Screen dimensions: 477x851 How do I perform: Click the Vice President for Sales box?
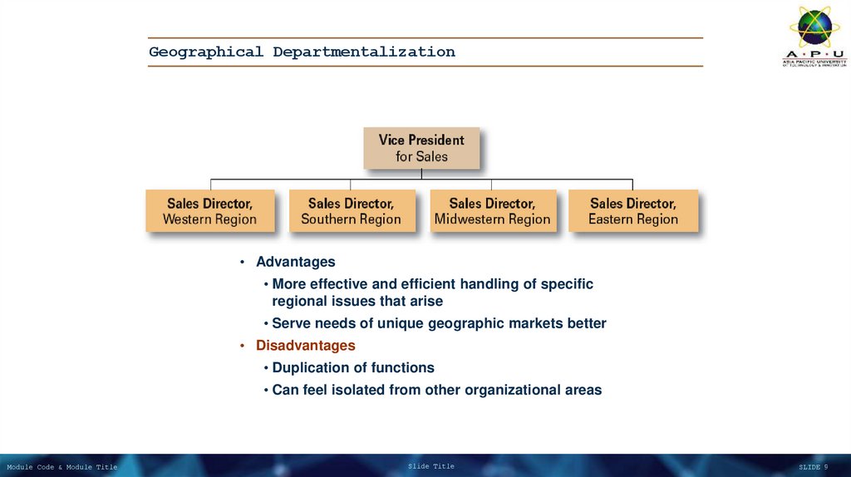(x=421, y=148)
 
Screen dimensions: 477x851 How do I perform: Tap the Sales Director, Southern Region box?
(x=351, y=211)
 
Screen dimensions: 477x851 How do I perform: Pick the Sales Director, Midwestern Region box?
(x=492, y=211)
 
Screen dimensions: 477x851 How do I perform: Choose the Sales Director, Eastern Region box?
(x=633, y=211)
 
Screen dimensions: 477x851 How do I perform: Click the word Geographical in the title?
(x=205, y=52)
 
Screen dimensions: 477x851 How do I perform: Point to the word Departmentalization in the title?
(x=364, y=52)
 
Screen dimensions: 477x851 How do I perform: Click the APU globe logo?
(x=814, y=27)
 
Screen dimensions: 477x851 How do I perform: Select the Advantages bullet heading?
(x=295, y=262)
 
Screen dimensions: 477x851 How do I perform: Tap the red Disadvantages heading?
(x=305, y=345)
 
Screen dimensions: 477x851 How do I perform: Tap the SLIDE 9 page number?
(x=813, y=468)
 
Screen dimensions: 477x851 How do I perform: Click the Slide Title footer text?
(x=431, y=467)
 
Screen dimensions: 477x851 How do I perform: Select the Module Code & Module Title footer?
(x=62, y=468)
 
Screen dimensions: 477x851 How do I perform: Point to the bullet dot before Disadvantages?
(x=242, y=346)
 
